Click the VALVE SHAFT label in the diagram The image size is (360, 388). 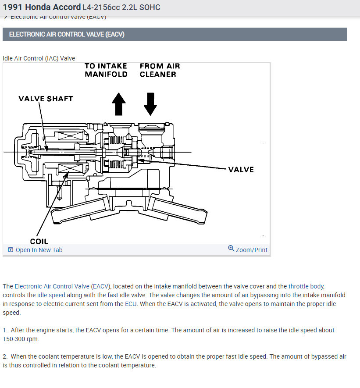pos(46,99)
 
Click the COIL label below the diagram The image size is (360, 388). pos(39,241)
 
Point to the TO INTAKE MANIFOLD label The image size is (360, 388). pos(106,70)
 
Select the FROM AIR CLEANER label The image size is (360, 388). pos(160,70)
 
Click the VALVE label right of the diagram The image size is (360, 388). pos(241,170)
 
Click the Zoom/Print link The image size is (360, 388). pos(251,250)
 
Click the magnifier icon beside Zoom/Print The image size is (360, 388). pos(231,249)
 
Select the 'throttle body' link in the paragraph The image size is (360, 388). pos(306,286)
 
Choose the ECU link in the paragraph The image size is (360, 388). pos(131,304)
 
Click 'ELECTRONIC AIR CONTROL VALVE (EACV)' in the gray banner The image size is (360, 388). pos(67,34)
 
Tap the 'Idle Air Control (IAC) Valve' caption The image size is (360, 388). pos(39,58)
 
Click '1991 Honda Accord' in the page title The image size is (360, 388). pos(42,7)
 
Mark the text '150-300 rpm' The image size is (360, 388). pos(21,339)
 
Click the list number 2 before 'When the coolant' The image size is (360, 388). pos(4,356)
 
